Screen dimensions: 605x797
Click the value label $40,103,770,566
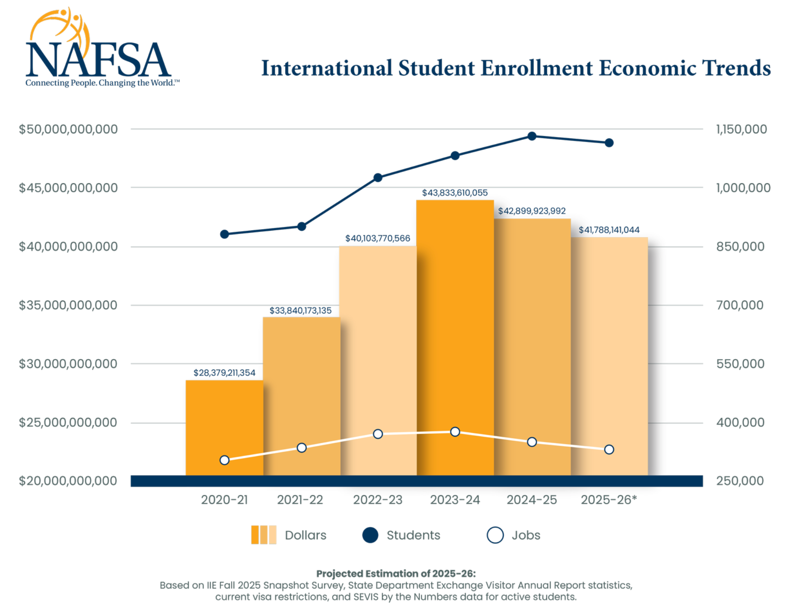point(377,239)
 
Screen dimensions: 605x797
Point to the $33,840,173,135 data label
point(300,311)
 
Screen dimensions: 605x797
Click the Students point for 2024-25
point(532,136)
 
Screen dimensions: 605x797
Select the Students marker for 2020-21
point(224,234)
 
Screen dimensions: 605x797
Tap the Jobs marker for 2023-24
point(455,432)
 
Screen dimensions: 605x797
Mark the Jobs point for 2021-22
point(302,448)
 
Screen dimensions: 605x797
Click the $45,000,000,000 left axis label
point(68,188)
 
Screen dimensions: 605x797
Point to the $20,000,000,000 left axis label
point(68,481)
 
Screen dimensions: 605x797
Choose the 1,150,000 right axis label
point(741,130)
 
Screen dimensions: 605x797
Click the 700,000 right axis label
point(740,305)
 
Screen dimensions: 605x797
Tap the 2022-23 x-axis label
point(377,500)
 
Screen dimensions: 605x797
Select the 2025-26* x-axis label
point(609,500)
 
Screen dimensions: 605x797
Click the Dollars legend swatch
point(264,535)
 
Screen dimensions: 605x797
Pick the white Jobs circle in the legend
point(495,535)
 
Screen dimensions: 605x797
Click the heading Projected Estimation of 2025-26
point(396,574)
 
